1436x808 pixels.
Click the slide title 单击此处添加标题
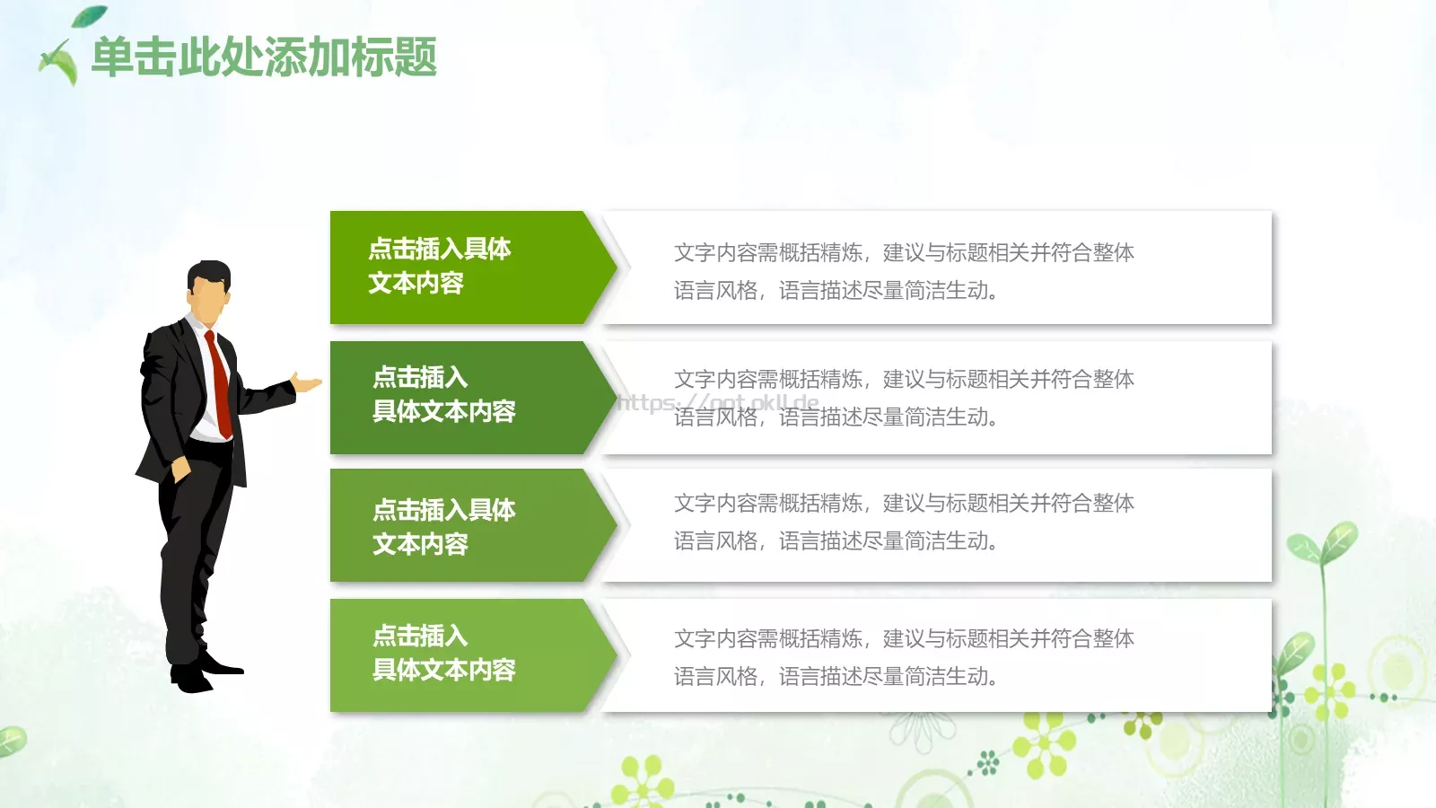pyautogui.click(x=264, y=57)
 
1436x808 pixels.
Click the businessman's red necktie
pyautogui.click(x=218, y=382)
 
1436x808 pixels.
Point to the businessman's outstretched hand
pyautogui.click(x=308, y=384)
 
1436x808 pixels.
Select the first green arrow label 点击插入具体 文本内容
pyautogui.click(x=440, y=266)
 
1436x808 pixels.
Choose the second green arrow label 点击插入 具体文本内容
pyautogui.click(x=444, y=394)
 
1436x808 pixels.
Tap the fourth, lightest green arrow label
pyautogui.click(x=444, y=654)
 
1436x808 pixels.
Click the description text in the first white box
pyautogui.click(x=904, y=271)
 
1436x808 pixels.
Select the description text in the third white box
pyautogui.click(x=904, y=522)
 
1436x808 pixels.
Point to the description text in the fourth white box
pyautogui.click(x=904, y=657)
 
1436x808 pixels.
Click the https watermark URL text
pyautogui.click(x=718, y=402)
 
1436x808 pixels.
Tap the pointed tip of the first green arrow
pyautogui.click(x=613, y=267)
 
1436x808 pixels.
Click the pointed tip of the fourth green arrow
pyautogui.click(x=613, y=655)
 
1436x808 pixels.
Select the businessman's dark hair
pyautogui.click(x=210, y=271)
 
